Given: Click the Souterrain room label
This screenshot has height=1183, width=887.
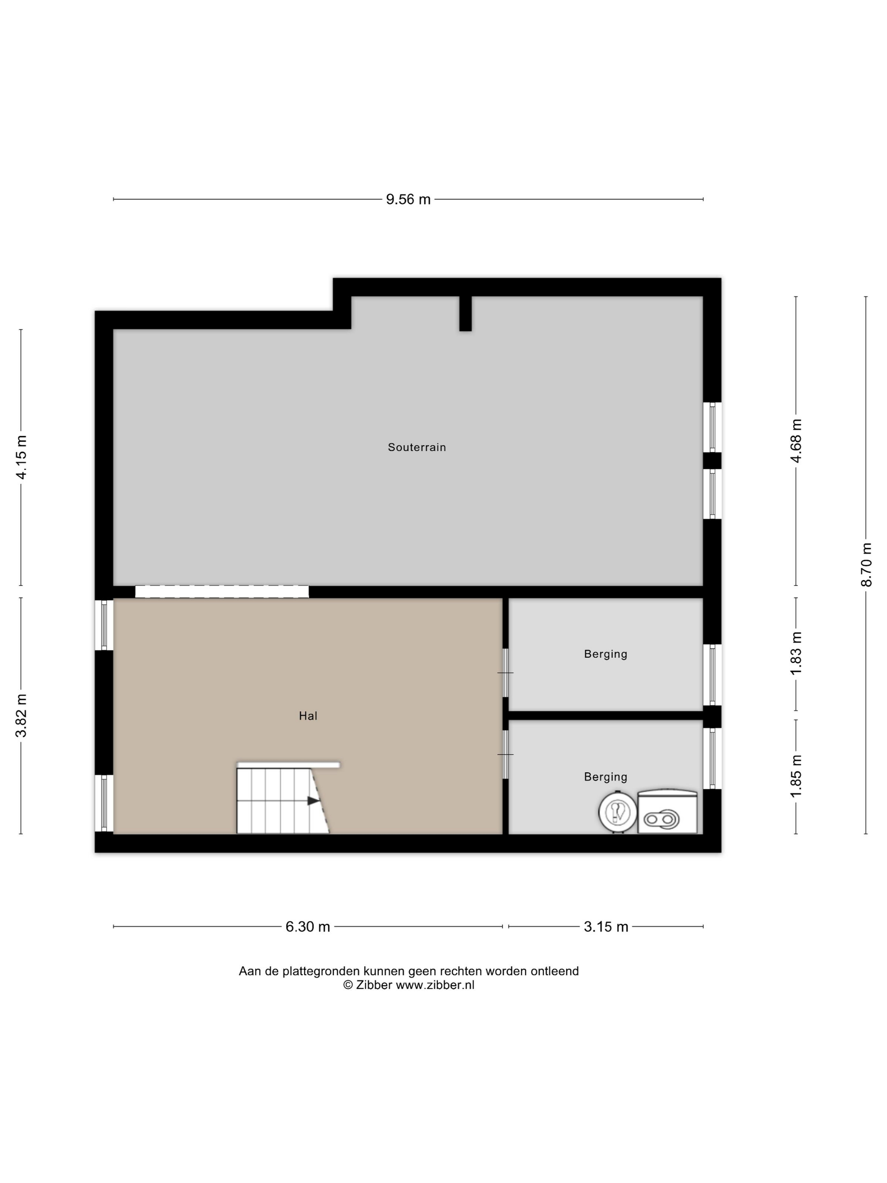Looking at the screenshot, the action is pyautogui.click(x=416, y=447).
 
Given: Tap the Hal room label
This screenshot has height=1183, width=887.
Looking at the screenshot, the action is pyautogui.click(x=308, y=716).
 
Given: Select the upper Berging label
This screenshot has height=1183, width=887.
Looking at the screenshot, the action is pyautogui.click(x=605, y=654).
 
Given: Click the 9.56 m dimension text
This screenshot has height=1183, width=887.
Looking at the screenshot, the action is pyautogui.click(x=408, y=199).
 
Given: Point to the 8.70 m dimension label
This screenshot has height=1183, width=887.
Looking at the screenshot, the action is pyautogui.click(x=866, y=565).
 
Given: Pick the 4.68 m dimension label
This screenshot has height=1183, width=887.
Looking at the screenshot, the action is pyautogui.click(x=796, y=441).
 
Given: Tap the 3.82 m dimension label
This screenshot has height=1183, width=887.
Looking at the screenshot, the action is pyautogui.click(x=22, y=716).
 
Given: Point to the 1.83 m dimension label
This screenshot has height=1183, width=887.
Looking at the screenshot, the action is pyautogui.click(x=796, y=653).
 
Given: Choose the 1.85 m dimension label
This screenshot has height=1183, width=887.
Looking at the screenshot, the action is pyautogui.click(x=796, y=776).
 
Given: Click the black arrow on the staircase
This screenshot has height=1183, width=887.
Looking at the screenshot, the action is pyautogui.click(x=313, y=801).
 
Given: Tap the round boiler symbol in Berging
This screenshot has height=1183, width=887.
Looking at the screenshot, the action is pyautogui.click(x=617, y=812).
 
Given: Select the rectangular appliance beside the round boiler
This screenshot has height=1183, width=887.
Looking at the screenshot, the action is pyautogui.click(x=667, y=811).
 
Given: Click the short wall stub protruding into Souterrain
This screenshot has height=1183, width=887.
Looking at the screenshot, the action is pyautogui.click(x=465, y=313).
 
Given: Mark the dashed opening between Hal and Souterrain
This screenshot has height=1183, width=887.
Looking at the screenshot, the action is pyautogui.click(x=222, y=591).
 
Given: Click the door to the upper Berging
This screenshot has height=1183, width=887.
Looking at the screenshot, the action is pyautogui.click(x=505, y=673).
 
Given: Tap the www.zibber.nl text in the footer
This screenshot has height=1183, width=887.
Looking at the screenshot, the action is pyautogui.click(x=435, y=985).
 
